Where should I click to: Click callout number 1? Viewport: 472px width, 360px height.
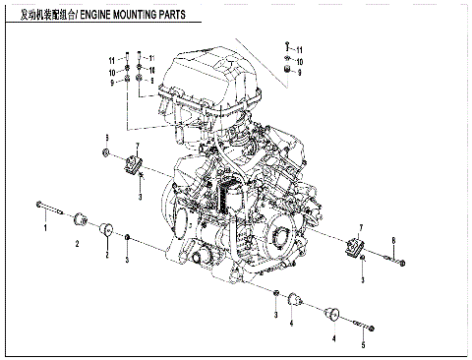click(44, 227)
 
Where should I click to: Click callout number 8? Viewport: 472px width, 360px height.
click(393, 241)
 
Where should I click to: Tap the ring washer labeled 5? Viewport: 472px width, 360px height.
click(105, 154)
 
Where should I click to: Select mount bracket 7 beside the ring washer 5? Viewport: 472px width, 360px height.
click(133, 163)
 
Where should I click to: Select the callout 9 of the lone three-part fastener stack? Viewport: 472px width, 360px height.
click(299, 73)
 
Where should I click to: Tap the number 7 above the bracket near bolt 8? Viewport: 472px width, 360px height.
click(362, 226)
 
